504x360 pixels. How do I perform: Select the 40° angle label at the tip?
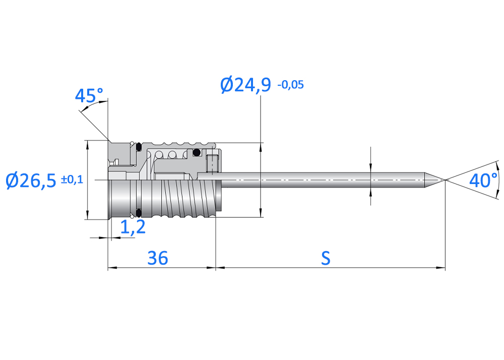coord(483,180)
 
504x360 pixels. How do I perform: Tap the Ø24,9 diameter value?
coord(246,85)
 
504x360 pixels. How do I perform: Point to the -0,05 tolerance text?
coord(290,85)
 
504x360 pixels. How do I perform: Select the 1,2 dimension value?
coord(133,227)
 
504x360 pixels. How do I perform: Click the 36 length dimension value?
coord(157,258)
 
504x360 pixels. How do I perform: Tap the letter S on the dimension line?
coord(326,258)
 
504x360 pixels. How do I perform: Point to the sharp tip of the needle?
coord(445,180)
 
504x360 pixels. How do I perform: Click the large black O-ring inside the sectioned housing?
coord(197,152)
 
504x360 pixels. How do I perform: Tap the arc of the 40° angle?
coord(498,180)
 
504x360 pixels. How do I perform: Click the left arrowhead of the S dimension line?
coord(219,268)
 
